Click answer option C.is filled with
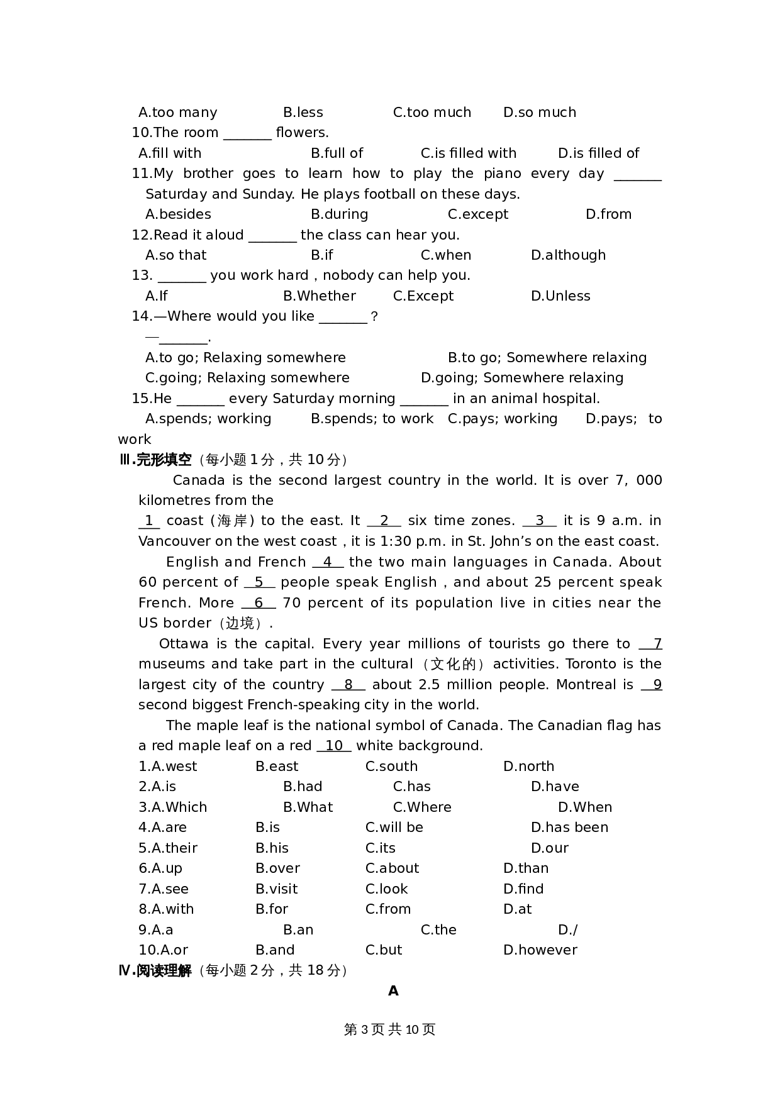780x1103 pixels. (468, 153)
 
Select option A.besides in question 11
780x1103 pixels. (178, 214)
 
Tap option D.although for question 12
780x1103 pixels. (568, 255)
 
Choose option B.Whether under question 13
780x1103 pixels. (319, 296)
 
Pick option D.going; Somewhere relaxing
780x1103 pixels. (521, 377)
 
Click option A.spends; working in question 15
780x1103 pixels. (208, 418)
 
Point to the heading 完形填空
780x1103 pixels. (164, 460)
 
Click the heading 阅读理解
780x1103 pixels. (164, 970)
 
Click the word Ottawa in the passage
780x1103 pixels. (184, 643)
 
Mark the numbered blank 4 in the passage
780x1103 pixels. (327, 562)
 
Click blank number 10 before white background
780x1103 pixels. (334, 745)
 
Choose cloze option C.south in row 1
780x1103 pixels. (391, 766)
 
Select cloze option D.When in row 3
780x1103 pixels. (584, 807)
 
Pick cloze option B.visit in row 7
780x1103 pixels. (276, 889)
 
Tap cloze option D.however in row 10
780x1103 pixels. (540, 950)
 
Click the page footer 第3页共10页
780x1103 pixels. (390, 1029)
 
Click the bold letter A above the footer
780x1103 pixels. (393, 991)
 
